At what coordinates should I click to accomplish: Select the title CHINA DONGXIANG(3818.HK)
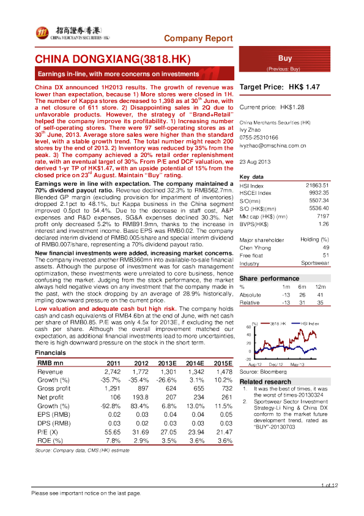[113, 59]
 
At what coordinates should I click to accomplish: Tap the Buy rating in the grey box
[285, 58]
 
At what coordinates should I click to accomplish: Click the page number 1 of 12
[327, 486]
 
